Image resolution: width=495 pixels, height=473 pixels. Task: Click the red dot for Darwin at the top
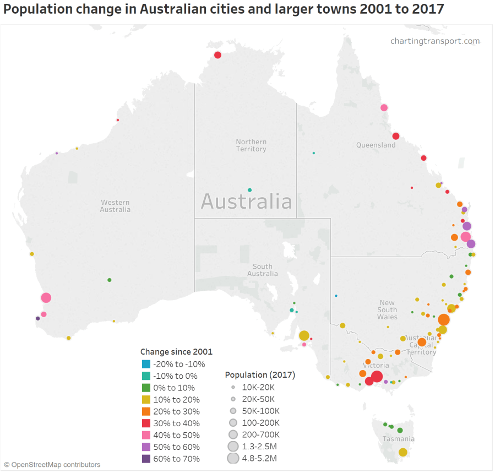coord(217,55)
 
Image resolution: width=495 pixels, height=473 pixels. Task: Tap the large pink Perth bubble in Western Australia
coord(46,297)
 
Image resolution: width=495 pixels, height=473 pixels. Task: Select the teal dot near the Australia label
coord(249,190)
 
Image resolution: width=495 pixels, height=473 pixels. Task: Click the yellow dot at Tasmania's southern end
coord(402,452)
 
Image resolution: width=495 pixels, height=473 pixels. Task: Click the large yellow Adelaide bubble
coord(304,335)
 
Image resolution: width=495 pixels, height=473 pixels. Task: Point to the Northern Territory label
coord(251,145)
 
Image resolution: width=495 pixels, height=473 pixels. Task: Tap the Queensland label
coord(376,145)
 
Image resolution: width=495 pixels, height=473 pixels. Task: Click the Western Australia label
coord(115,206)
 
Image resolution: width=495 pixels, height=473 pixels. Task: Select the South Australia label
coord(262,270)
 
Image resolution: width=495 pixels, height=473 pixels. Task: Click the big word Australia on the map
coord(246,202)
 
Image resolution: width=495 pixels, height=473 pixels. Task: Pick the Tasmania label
coord(398,439)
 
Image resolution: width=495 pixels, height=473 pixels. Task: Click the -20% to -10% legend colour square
coord(146,364)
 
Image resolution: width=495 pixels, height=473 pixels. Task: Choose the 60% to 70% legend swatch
coord(146,459)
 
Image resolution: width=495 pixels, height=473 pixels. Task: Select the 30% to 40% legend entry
coord(176,423)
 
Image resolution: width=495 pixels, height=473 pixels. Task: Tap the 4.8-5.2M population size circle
coord(233,458)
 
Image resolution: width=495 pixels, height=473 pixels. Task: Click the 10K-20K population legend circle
coord(233,387)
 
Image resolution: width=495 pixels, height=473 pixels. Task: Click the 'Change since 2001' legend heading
coord(176,352)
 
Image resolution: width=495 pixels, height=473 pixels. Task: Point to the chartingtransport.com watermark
coord(435,41)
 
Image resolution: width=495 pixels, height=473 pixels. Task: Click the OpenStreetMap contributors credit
coord(52,465)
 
